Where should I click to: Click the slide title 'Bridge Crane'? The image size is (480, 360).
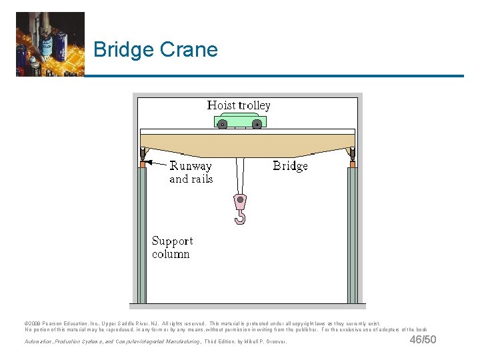[155, 49]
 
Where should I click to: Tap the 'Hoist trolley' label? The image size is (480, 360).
[239, 105]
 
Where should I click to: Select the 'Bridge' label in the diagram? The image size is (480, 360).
[290, 166]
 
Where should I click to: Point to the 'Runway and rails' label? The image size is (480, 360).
[191, 173]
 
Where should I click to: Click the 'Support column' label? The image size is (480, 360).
[172, 247]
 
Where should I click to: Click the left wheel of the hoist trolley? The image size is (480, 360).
[223, 124]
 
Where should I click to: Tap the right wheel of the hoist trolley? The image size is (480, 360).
[257, 124]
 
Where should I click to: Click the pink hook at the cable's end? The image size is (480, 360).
[240, 209]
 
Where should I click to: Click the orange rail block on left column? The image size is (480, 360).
[142, 163]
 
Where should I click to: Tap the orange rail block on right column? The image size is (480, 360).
[353, 163]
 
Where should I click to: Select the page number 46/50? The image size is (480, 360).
[423, 340]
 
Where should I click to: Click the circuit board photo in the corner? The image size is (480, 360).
[50, 44]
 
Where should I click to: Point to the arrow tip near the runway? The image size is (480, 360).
[147, 161]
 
